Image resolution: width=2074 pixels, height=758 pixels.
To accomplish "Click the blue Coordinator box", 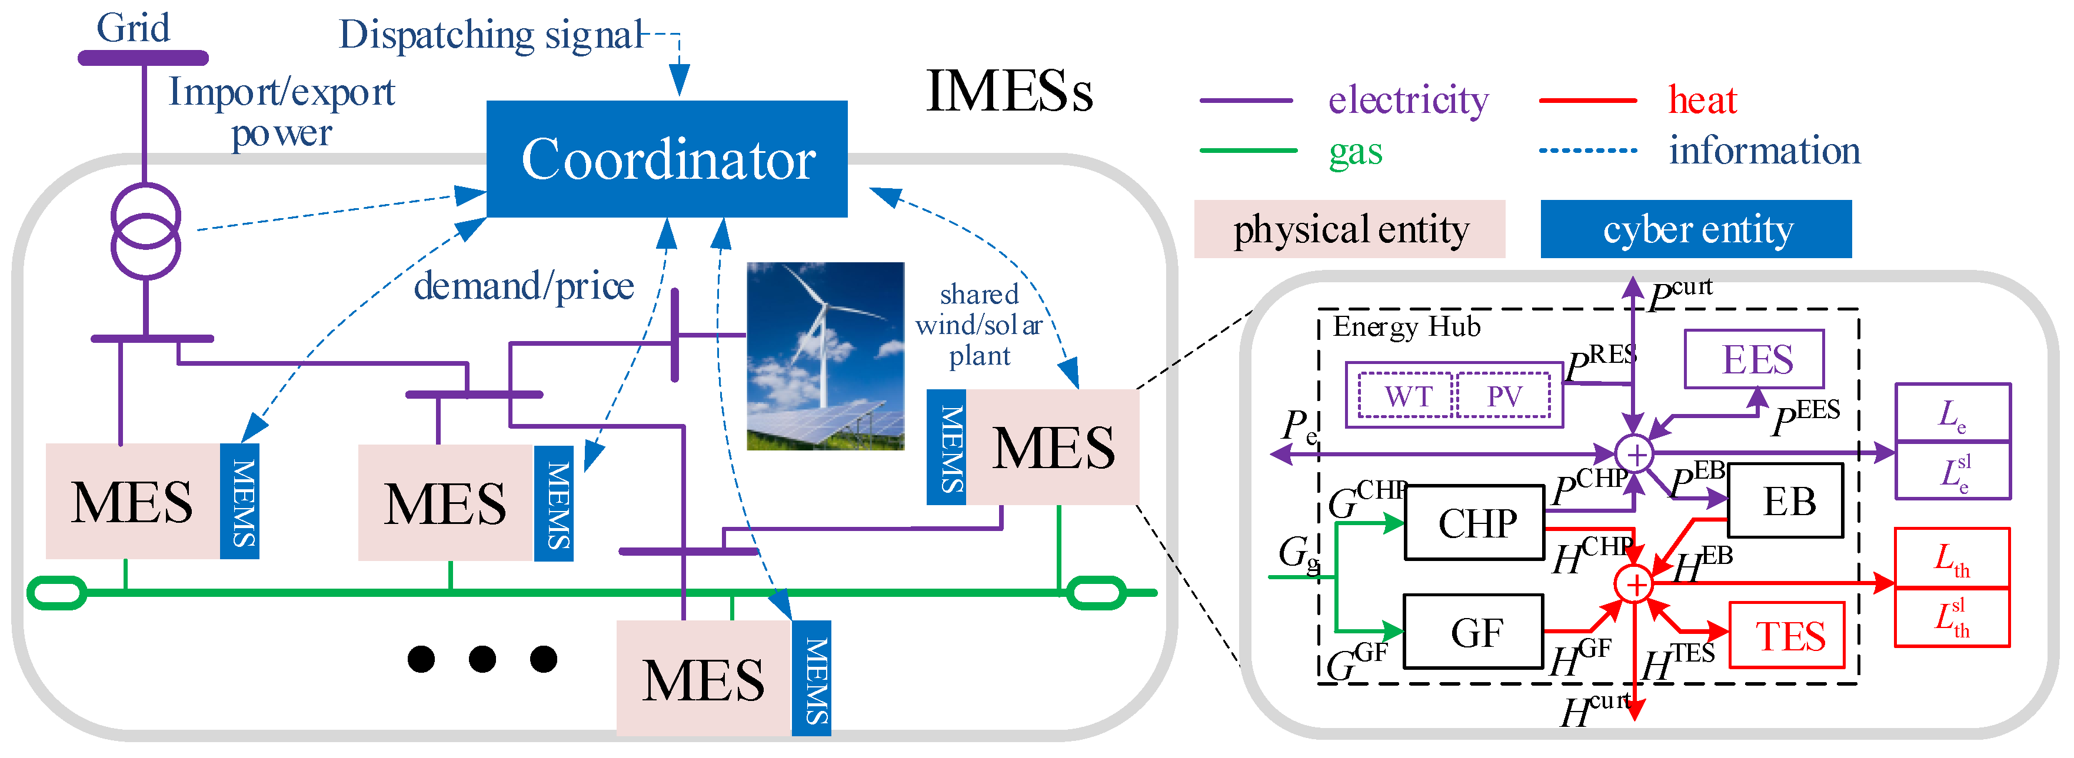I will [667, 159].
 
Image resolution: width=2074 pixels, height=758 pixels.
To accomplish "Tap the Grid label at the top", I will [134, 28].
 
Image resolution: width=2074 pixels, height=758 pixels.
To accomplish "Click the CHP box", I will [1474, 523].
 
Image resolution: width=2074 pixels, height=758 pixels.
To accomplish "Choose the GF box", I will [1473, 632].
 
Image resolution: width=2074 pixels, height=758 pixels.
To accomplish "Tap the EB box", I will [1786, 501].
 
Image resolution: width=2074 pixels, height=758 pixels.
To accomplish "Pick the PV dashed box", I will [1504, 396].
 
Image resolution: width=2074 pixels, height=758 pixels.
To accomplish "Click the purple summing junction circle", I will [1635, 455].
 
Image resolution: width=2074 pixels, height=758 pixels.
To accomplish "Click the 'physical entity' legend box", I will [1349, 229].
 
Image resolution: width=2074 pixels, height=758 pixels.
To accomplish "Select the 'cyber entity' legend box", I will [1696, 229].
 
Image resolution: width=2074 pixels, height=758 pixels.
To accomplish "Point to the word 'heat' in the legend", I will [1702, 101].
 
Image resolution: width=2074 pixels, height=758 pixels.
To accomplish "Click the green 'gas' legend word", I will [1355, 151].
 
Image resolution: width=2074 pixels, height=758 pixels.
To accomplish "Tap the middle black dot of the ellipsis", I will [482, 659].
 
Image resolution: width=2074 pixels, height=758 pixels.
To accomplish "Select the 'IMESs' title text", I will [1009, 91].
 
